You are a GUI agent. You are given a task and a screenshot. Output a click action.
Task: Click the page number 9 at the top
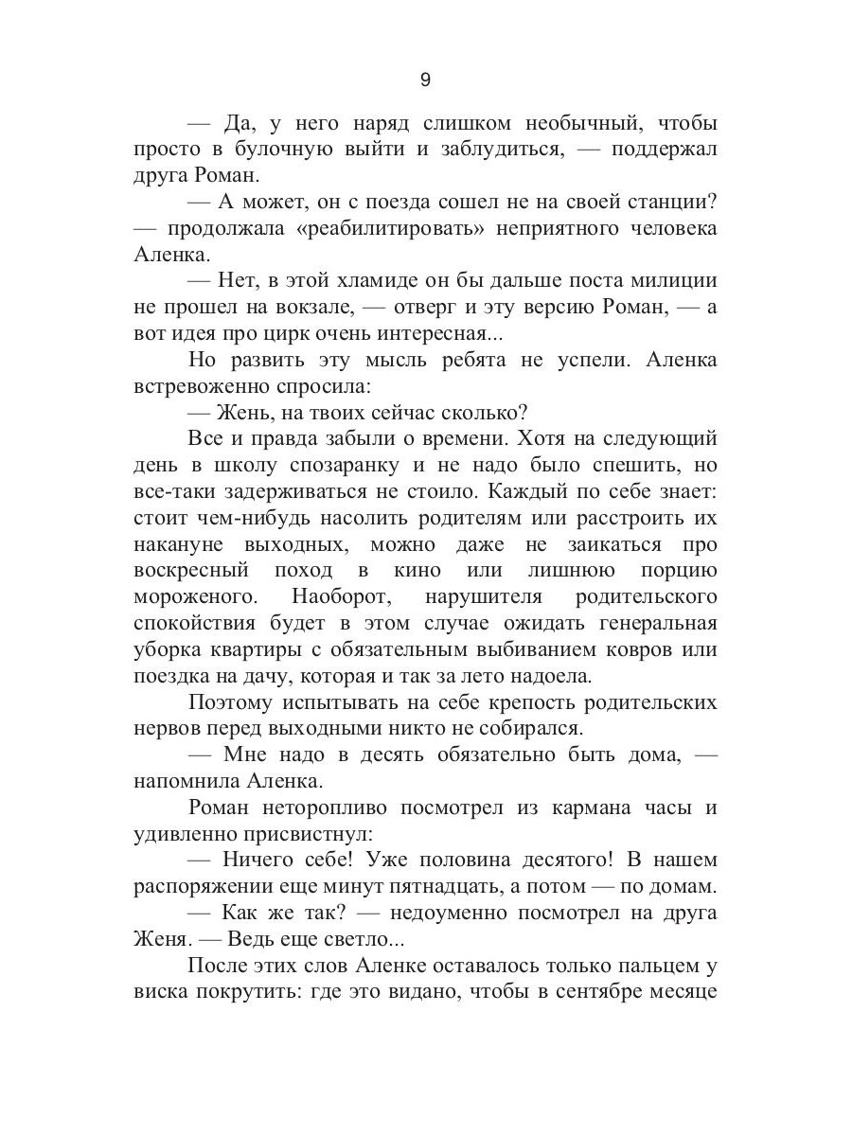point(425,80)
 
